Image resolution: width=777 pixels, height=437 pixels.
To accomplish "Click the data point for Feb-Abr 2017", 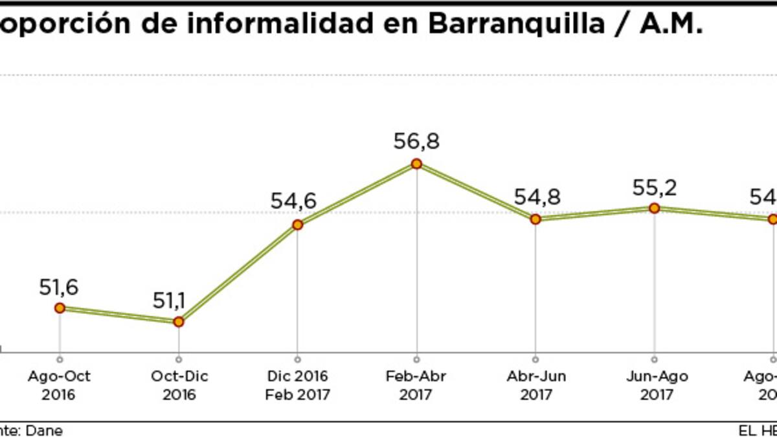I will pyautogui.click(x=416, y=164).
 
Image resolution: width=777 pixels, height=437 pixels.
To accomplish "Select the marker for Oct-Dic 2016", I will pyautogui.click(x=179, y=321).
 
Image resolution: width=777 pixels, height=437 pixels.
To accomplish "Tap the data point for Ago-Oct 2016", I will pyautogui.click(x=60, y=308).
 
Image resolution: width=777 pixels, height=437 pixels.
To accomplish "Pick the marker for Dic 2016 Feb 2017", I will pyautogui.click(x=297, y=225).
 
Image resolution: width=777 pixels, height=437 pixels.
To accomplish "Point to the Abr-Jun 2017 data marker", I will pyautogui.click(x=535, y=219).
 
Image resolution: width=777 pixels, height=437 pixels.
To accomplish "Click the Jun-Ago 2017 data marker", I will pyautogui.click(x=654, y=208).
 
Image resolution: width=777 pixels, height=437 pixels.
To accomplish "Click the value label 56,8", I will pyautogui.click(x=416, y=141).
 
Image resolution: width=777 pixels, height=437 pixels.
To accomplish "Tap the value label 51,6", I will pyautogui.click(x=59, y=287).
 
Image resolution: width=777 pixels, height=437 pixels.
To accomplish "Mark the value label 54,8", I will pyautogui.click(x=537, y=197).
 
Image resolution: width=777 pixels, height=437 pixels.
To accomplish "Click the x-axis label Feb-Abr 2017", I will pyautogui.click(x=416, y=385).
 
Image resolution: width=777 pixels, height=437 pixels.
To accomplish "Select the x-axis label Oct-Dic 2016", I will pyautogui.click(x=179, y=385).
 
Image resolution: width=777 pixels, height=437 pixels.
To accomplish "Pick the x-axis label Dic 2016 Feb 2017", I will pyautogui.click(x=297, y=385).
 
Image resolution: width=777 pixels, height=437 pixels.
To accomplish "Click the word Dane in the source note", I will pyautogui.click(x=45, y=431).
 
